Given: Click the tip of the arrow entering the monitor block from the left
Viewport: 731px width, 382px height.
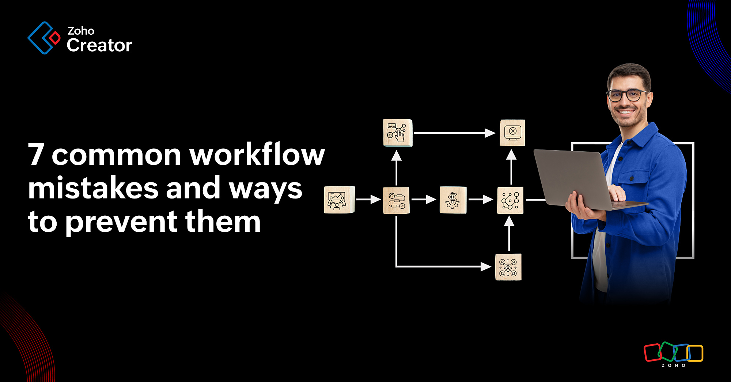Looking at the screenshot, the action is [x=496, y=133].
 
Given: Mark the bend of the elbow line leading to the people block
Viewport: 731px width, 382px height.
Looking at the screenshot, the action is [x=397, y=266].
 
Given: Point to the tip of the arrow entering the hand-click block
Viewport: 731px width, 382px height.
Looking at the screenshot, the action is [x=397, y=151].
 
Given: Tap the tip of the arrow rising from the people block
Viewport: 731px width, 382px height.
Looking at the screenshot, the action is [x=509, y=216].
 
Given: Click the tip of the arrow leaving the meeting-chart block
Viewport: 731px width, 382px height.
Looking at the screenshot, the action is [x=381, y=200].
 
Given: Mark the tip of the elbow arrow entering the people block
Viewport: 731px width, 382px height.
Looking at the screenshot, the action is [x=492, y=267].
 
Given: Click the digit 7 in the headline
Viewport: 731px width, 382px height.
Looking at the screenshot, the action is [x=37, y=154].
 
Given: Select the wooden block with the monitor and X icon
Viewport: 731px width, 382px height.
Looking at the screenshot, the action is [x=512, y=132].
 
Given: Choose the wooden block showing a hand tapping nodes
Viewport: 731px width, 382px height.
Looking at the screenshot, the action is [x=398, y=133].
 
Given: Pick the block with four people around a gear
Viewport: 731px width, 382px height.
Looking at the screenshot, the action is [x=508, y=267].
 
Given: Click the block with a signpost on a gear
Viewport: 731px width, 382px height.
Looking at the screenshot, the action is [x=453, y=200].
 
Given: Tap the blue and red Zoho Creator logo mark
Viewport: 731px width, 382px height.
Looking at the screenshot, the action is [x=44, y=38].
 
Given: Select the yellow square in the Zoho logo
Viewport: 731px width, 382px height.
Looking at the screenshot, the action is [x=695, y=353].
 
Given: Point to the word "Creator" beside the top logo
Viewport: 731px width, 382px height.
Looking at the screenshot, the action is [x=99, y=45].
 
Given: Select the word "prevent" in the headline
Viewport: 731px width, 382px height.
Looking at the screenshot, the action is [x=121, y=222].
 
